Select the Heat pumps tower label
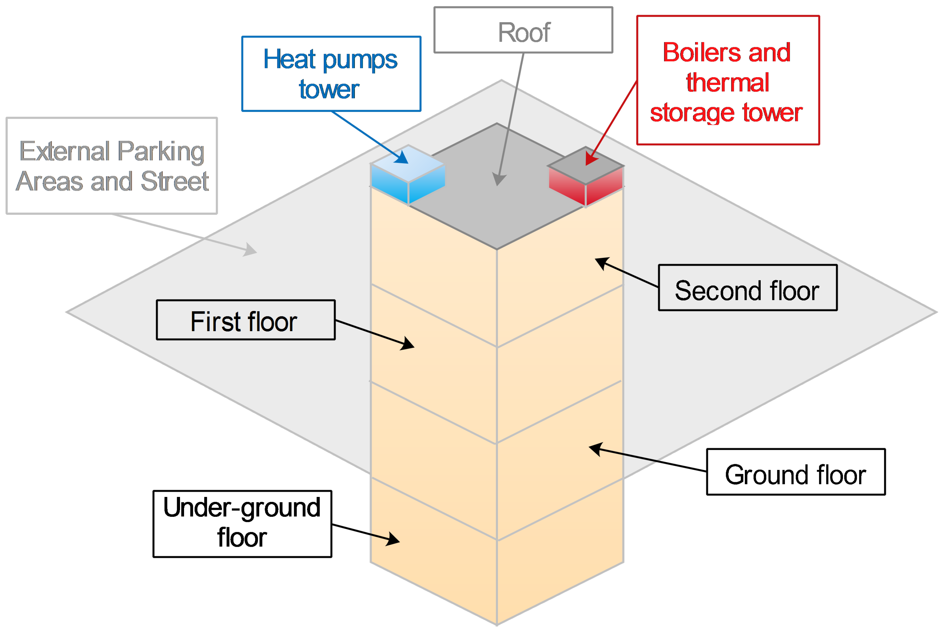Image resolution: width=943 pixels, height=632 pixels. pos(331,74)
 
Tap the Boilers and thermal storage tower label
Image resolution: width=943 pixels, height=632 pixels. pos(728,80)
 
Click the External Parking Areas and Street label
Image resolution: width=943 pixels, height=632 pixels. pos(112,166)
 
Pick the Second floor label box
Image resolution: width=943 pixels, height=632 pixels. pos(747,288)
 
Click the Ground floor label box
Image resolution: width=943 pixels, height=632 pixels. pos(796,472)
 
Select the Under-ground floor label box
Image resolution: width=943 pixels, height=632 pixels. pos(242,524)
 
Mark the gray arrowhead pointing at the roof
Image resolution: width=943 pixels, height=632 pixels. pos(499,179)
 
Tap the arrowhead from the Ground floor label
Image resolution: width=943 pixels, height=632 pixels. pos(596,449)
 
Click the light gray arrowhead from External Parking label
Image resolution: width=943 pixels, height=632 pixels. pos(250,250)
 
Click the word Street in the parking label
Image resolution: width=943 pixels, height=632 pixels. pos(174,181)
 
